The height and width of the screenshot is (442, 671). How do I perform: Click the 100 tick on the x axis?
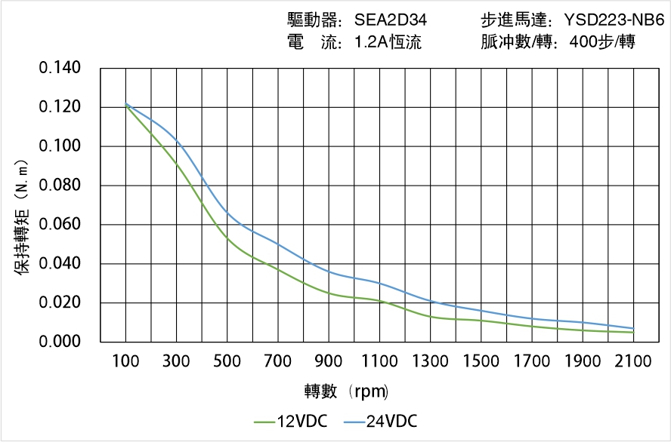125,362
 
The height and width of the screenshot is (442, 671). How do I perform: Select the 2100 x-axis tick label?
633,362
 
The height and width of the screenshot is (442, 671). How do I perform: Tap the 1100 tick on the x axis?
379,362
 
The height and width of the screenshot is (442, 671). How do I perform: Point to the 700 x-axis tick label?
278,362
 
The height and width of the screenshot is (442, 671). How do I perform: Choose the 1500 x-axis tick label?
481,362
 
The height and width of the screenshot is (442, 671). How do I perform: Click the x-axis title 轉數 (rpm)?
346,391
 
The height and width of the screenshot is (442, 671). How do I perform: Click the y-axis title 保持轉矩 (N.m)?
22,216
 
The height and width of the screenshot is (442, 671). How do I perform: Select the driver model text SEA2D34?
391,20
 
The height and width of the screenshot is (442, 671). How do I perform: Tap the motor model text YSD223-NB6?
614,20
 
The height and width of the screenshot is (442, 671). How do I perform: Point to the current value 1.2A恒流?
388,42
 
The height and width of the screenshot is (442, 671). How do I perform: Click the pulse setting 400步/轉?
604,42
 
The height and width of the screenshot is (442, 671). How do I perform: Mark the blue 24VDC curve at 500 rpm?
227,213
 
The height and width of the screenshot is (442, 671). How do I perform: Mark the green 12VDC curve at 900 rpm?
329,293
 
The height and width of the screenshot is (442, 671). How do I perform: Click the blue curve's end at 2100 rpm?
633,328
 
